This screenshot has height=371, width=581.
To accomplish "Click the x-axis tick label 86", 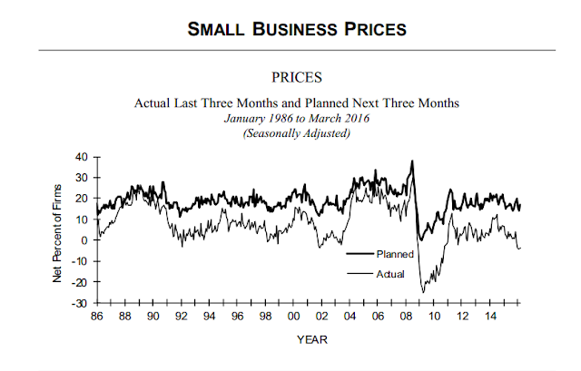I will coord(97,316).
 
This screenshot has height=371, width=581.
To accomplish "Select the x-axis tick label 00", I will coord(294,316).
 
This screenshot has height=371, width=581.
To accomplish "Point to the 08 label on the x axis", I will coord(407,316).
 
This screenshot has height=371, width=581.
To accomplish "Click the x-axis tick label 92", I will coord(182,316).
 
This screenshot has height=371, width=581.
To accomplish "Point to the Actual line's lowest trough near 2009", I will coord(422,291).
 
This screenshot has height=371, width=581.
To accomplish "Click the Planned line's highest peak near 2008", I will coord(413,162).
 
